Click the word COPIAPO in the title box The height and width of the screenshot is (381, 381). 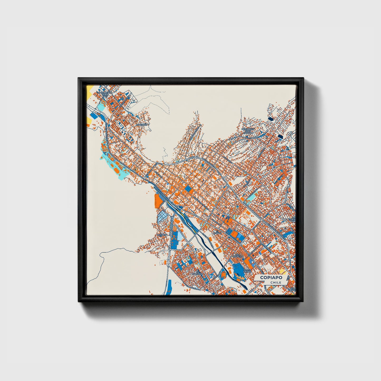271,278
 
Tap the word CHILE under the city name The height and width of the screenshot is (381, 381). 276,282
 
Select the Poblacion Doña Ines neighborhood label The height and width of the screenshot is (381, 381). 105,94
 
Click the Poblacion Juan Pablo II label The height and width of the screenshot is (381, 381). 248,131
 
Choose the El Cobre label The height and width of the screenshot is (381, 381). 217,232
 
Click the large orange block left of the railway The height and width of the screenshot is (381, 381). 158,200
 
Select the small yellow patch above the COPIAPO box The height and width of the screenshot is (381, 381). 282,271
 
